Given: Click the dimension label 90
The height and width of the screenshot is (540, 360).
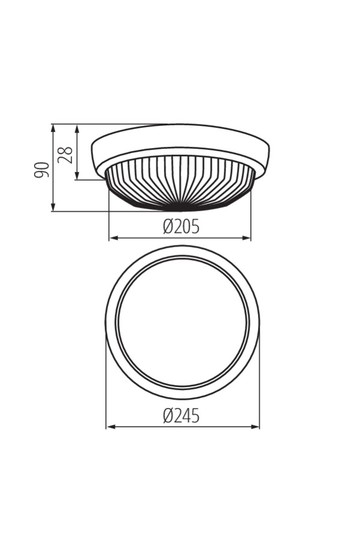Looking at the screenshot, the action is [x=41, y=169].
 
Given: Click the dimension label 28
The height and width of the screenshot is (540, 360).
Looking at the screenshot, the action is [x=65, y=155].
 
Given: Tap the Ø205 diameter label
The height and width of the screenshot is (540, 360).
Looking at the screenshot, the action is [x=181, y=227].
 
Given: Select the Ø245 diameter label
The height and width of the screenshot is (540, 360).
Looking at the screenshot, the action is [x=181, y=416].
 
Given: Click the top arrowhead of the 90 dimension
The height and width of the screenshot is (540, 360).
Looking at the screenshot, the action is [x=53, y=128].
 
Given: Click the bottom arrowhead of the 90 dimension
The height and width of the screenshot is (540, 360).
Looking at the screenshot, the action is [x=53, y=207].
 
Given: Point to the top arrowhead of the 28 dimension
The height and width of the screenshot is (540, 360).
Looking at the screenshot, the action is [x=77, y=129].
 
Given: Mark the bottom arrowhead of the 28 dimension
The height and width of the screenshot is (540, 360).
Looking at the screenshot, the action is [x=77, y=175].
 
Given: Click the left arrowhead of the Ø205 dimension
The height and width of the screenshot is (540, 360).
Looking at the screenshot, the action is [x=114, y=238].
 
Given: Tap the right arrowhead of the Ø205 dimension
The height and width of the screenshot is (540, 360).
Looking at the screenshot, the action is [x=246, y=238].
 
